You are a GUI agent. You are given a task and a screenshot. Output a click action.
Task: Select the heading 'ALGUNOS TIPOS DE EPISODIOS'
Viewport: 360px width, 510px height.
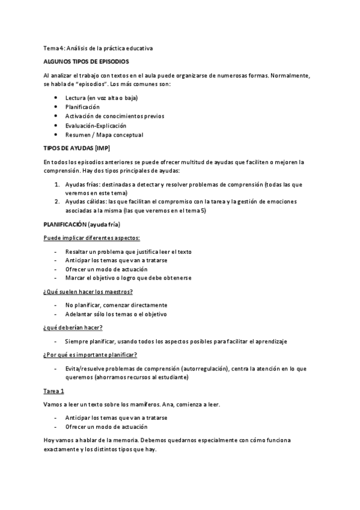[86, 61]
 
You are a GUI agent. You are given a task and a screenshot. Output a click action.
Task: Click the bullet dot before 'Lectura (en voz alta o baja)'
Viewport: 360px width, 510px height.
[55, 97]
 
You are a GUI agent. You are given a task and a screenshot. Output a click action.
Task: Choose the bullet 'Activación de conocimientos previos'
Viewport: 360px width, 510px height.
[115, 116]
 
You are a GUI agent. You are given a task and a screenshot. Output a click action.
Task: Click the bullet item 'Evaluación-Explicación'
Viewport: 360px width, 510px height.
[96, 126]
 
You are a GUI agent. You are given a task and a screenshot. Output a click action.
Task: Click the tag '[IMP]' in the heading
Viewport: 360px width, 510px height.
[105, 149]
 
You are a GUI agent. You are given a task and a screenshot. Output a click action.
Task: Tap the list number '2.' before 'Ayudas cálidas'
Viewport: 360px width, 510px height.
[56, 201]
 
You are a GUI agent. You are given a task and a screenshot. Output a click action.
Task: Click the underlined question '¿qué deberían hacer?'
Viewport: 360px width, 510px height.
[73, 327]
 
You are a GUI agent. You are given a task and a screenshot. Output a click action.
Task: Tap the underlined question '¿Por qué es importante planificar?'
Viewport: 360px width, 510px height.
[90, 354]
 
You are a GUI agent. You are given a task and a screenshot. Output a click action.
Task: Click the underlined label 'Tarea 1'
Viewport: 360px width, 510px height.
[54, 390]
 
